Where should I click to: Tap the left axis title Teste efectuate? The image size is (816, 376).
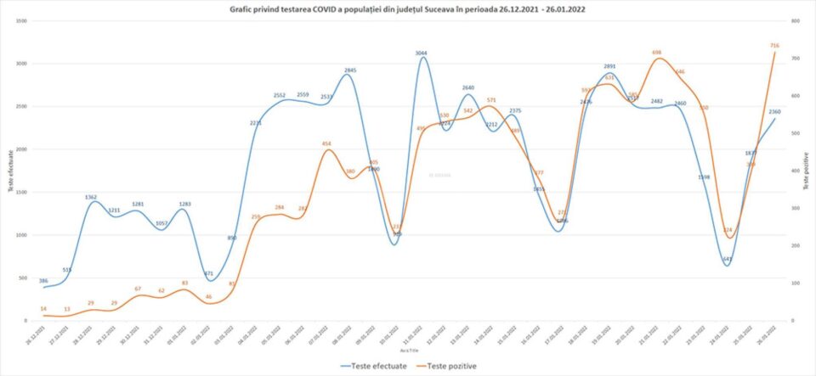(11, 171)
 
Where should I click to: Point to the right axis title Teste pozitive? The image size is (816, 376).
(805, 169)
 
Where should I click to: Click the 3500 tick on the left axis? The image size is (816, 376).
(20, 21)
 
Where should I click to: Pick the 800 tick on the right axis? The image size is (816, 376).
(794, 21)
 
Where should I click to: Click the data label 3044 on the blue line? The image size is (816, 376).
(422, 53)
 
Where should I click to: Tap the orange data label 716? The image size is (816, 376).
(774, 45)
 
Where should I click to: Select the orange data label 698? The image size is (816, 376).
(657, 52)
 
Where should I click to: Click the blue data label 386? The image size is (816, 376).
(43, 280)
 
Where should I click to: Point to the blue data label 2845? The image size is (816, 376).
(350, 70)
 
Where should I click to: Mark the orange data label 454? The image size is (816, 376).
(326, 143)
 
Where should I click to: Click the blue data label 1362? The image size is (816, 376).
(91, 197)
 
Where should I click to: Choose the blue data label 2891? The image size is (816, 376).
(609, 65)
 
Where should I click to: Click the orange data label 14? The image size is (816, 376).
(43, 308)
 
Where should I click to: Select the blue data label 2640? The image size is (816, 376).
(468, 87)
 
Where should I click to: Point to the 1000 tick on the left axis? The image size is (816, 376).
(20, 235)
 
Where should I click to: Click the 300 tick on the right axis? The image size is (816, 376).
(794, 208)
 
